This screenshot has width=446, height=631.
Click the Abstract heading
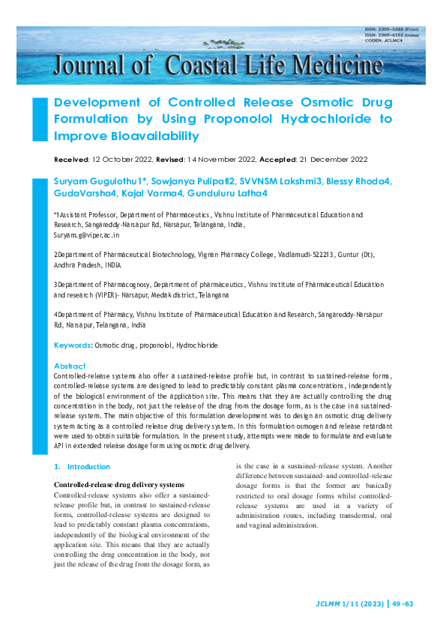pyautogui.click(x=70, y=366)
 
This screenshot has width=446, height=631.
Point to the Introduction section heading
pyautogui.click(x=88, y=466)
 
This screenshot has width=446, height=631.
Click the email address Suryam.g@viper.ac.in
pyautogui.click(x=87, y=235)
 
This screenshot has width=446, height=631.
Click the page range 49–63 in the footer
pyautogui.click(x=409, y=603)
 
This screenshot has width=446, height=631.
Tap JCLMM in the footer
pyautogui.click(x=330, y=603)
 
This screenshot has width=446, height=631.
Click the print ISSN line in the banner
pyautogui.click(x=391, y=29)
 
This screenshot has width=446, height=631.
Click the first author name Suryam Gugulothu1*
pyautogui.click(x=100, y=181)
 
